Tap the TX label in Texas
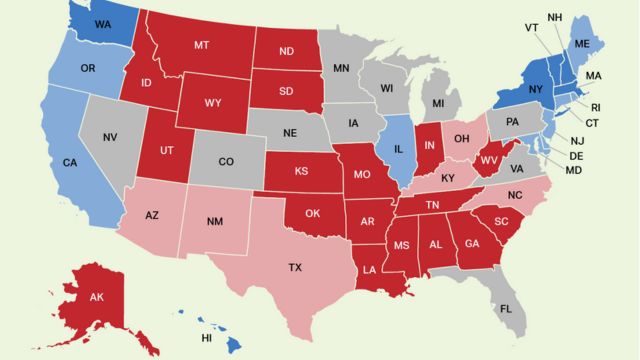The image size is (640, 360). coord(295,268)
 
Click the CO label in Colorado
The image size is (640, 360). coord(226,160)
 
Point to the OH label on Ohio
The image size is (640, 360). coord(462,140)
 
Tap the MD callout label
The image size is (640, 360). coord(574,169)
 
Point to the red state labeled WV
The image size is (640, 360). coord(490,160)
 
